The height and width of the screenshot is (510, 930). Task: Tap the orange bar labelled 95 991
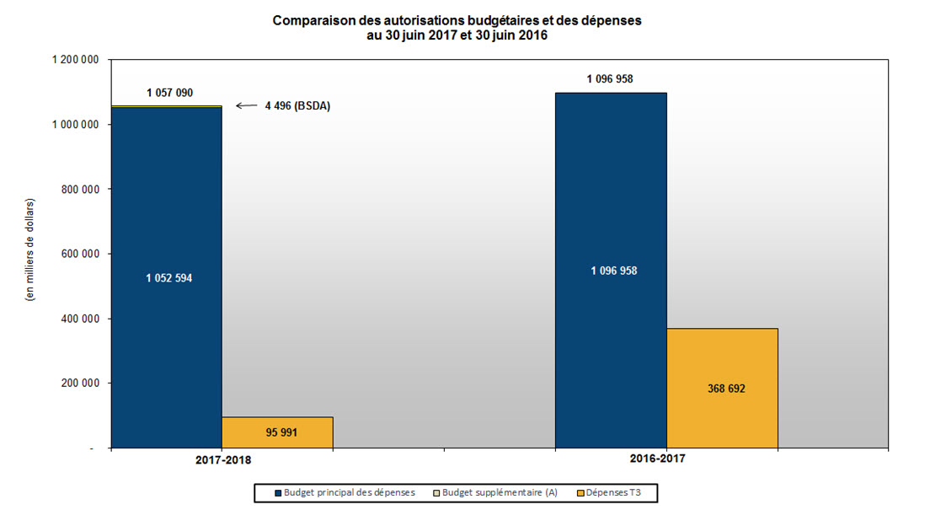click(x=277, y=432)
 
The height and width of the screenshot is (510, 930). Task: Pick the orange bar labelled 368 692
click(x=722, y=388)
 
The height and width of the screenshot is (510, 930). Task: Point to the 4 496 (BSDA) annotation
click(x=297, y=106)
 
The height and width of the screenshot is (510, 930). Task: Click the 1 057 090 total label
click(x=170, y=93)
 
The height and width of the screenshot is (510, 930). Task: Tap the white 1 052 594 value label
click(x=169, y=278)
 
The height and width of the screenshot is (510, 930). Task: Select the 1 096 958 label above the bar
click(x=610, y=79)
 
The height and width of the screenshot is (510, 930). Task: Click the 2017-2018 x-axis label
click(x=222, y=461)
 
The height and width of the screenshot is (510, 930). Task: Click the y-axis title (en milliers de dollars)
click(x=30, y=253)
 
